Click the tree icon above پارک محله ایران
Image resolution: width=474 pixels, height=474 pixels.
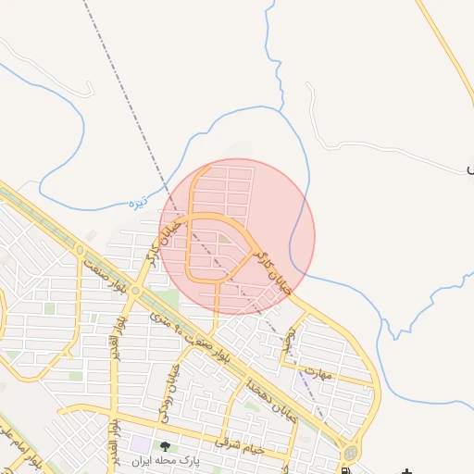pyautogui.click(x=165, y=447)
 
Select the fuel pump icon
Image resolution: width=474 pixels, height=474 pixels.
pyautogui.click(x=345, y=469)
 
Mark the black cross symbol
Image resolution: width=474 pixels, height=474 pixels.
pyautogui.click(x=407, y=471)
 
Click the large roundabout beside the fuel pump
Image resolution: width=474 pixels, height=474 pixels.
pyautogui.click(x=351, y=453)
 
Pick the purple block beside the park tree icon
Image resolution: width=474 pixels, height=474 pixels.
pyautogui.click(x=143, y=444)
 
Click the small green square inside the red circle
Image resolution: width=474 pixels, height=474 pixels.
pyautogui.click(x=225, y=240)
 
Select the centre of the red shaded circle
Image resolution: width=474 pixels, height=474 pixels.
pyautogui.click(x=237, y=236)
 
